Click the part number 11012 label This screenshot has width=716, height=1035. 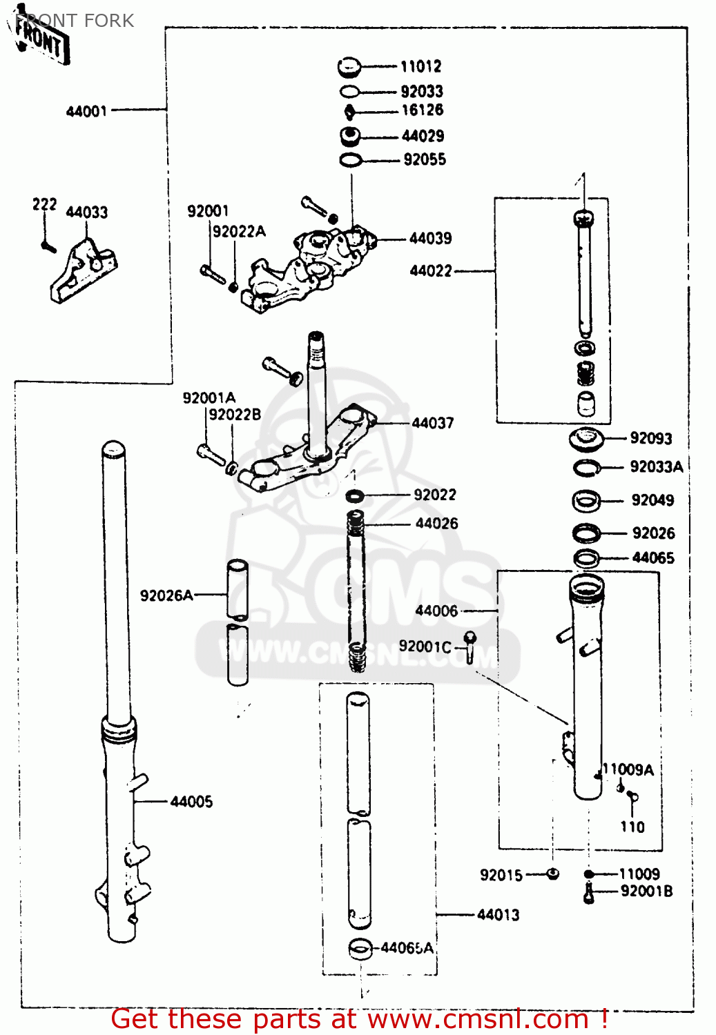pos(420,66)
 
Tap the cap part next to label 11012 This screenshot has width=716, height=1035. pos(350,67)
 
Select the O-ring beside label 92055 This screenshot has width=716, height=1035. pos(351,161)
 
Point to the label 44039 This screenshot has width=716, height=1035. pos(430,239)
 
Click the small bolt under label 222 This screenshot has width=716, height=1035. pos(47,245)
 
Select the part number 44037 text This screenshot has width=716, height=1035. pos(432,423)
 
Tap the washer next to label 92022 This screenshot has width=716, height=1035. pos(355,495)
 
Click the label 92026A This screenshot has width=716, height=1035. pos(166,595)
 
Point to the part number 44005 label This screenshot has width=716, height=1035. pos(191,802)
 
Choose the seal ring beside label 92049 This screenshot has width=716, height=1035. pos(586,501)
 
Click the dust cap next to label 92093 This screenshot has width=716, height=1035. pos(586,438)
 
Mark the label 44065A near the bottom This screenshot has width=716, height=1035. pos(407,948)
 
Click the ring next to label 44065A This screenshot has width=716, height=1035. pos(360,949)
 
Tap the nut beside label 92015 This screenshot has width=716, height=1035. pos(552,874)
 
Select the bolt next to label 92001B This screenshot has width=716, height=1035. pos(588,894)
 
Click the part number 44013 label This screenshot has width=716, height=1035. pos(498,915)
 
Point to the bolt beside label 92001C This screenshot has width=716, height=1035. pos(470,647)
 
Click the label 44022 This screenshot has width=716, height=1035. pos(431,271)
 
